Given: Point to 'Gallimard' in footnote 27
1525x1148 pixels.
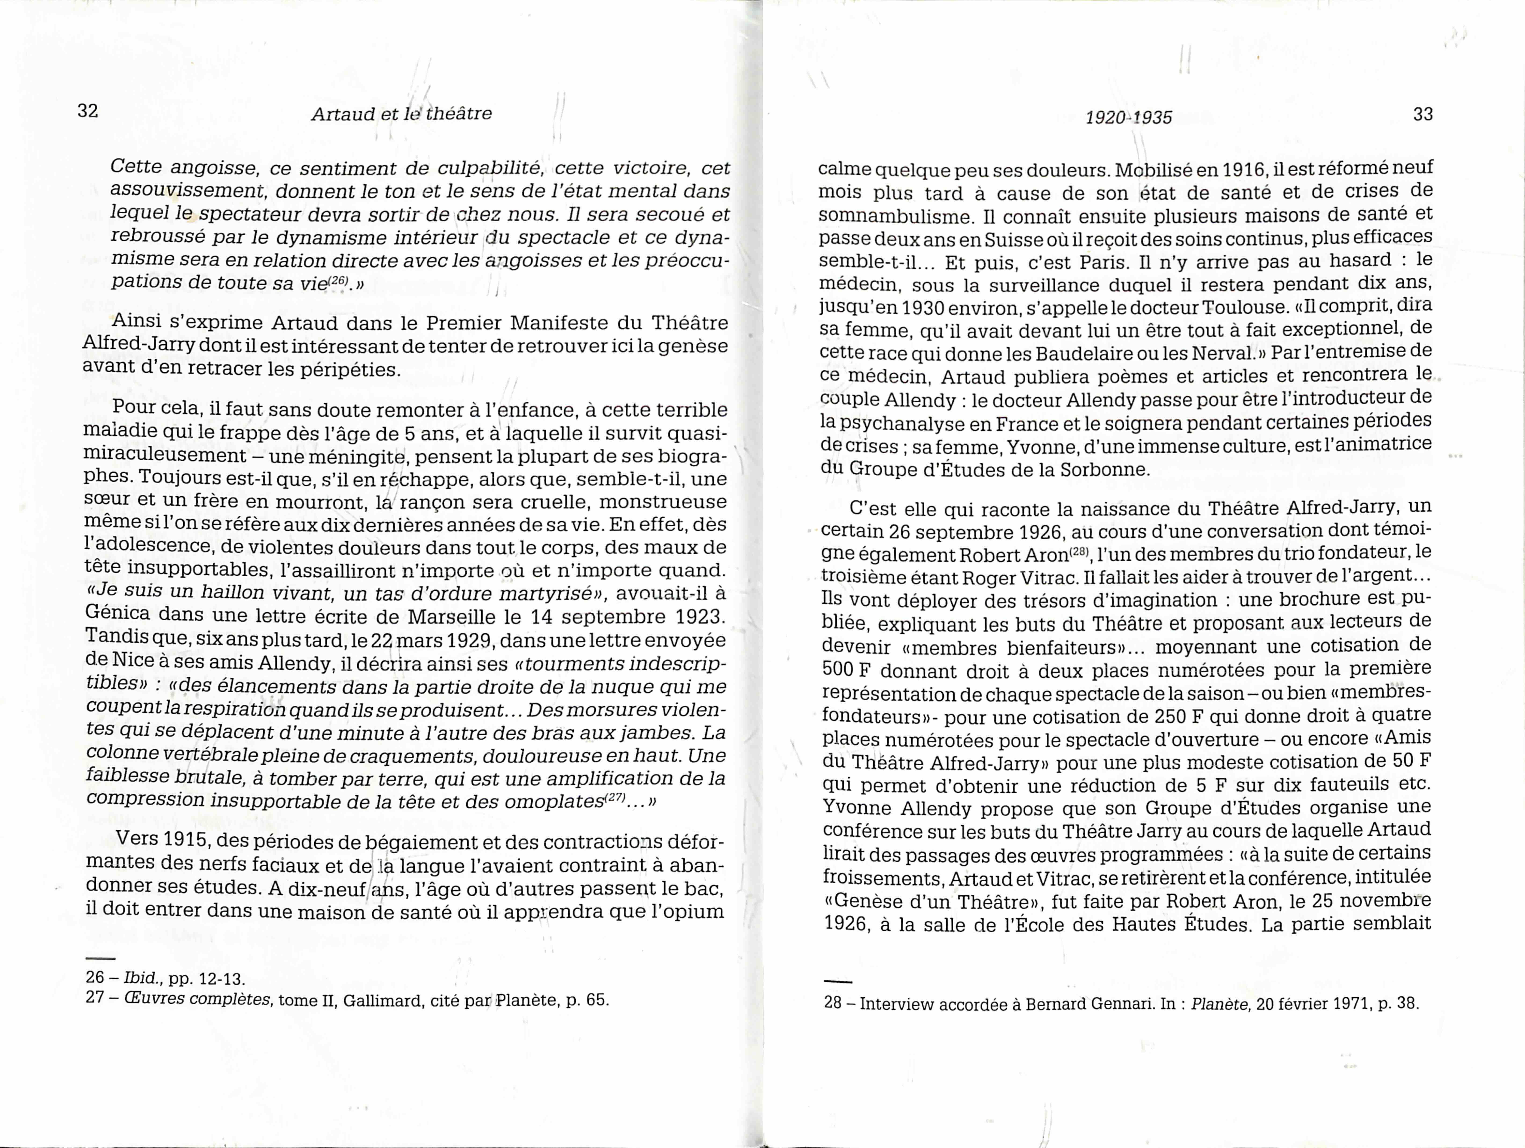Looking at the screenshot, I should coord(383,1000).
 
